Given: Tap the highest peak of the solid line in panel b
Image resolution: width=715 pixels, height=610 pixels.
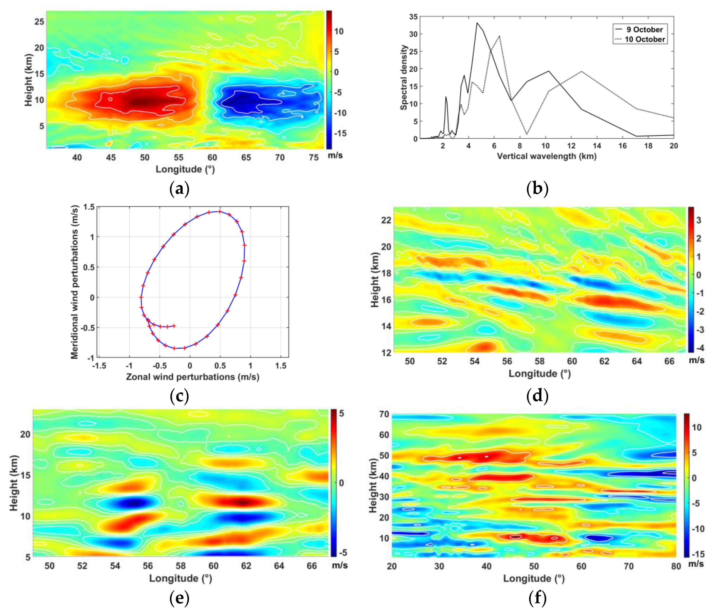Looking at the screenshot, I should pos(477,23).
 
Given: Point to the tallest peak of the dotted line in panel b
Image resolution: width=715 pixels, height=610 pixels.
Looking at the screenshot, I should pos(499,36).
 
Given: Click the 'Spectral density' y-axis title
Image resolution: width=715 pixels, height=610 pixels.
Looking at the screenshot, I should pos(403,77).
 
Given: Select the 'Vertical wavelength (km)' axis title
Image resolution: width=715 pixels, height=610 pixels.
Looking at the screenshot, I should pos(547,156).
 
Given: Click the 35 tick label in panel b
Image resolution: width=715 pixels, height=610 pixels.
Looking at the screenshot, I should pos(413,17).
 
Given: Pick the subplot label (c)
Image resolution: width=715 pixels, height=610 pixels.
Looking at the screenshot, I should pos(179,396).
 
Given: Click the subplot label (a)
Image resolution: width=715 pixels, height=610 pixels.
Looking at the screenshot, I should pos(179,189).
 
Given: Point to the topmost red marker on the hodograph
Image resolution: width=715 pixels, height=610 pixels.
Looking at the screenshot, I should pos(220,211).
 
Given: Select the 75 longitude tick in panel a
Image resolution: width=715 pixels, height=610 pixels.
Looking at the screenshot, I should pos(313,158).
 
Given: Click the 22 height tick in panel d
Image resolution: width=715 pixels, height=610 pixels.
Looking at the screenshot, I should pos(386,220).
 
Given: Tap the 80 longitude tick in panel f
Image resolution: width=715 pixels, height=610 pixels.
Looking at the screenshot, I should pos(676,566).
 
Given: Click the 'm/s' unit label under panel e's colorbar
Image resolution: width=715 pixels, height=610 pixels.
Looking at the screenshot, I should pos(340,565).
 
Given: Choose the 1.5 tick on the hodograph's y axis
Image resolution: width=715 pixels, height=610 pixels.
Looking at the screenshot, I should pos(89,207).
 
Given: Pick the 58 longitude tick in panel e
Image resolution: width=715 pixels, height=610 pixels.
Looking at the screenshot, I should pos(180,566).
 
